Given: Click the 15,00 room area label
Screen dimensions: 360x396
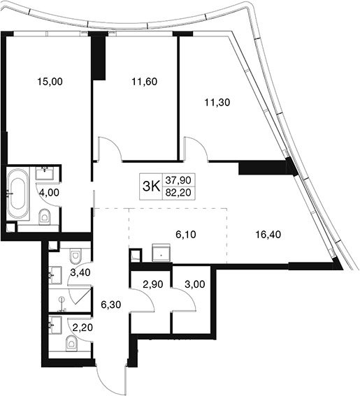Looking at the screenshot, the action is [50, 82].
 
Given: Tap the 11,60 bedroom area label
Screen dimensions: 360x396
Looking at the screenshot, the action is [145, 82].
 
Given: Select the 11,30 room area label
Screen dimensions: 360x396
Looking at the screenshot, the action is [217, 103].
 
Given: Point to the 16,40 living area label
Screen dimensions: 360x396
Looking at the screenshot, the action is [268, 235].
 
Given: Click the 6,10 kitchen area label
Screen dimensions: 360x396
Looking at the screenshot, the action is [186, 235].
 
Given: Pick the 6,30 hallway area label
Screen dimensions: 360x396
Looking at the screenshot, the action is [110, 305].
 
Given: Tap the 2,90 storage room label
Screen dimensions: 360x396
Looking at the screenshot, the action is [152, 284].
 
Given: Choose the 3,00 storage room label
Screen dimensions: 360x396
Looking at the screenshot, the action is [194, 284].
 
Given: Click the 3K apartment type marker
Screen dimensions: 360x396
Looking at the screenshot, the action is [152, 186].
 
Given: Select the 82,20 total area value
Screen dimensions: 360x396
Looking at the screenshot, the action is [178, 193].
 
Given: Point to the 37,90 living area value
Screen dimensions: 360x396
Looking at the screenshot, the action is [178, 180].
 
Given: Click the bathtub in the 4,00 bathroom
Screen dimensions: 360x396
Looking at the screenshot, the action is [17, 193].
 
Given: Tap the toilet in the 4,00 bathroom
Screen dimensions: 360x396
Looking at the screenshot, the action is [45, 217].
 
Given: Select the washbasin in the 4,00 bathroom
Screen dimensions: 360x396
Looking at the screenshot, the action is [45, 173].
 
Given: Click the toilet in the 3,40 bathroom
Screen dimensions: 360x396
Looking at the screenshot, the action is [75, 256].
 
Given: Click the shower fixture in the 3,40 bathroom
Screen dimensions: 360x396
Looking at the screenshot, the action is [62, 303].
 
